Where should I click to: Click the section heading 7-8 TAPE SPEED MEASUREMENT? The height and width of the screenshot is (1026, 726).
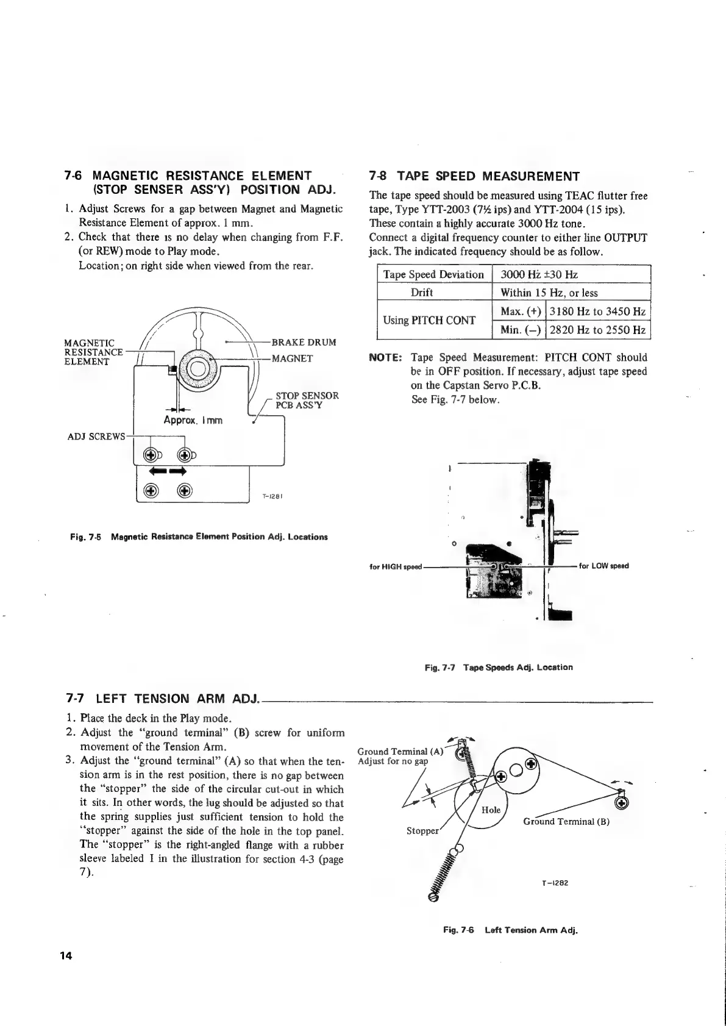pos(474,177)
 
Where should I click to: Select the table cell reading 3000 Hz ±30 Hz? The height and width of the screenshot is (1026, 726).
pos(539,274)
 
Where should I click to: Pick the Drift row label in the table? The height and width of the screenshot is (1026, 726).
pos(422,293)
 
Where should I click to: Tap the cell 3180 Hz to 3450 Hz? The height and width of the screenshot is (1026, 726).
pos(597,312)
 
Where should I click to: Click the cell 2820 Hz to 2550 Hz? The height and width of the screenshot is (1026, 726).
pos(597,330)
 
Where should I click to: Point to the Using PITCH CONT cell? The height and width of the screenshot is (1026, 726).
pos(429,321)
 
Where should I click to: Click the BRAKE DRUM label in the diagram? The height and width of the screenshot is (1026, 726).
pos(304,343)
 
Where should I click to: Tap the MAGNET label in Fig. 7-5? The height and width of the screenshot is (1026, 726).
pos(292,358)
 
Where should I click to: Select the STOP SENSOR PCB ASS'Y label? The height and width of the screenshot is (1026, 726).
pos(307,401)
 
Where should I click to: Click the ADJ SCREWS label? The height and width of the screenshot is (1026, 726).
pos(95,436)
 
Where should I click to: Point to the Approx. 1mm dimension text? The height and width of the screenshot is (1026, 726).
pos(193,421)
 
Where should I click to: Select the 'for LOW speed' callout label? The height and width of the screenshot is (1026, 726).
pos(603,566)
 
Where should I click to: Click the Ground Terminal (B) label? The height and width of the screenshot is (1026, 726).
pos(566,821)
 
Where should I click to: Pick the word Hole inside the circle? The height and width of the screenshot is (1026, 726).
pos(491,810)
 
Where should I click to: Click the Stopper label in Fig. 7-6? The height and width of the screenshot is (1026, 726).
pos(422,831)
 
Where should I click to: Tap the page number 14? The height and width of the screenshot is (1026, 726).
pos(66,956)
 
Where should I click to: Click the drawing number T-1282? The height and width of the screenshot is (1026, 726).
pos(555,883)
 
